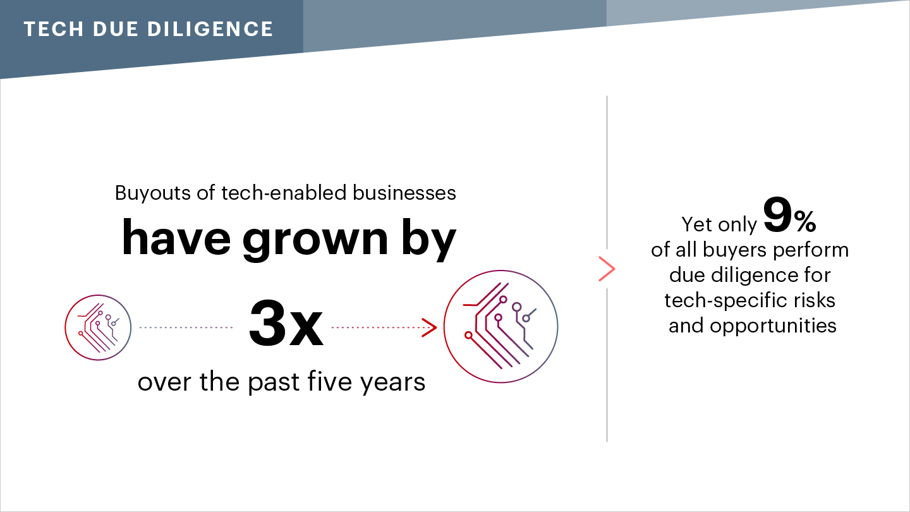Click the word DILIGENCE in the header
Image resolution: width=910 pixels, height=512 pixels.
(x=210, y=29)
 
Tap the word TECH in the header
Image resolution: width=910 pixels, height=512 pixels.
(x=54, y=29)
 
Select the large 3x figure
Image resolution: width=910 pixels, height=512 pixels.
(x=286, y=324)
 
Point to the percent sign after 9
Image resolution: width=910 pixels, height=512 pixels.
(x=805, y=221)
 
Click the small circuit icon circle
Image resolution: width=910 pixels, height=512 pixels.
(x=98, y=327)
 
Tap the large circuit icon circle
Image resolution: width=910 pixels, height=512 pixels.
(x=500, y=326)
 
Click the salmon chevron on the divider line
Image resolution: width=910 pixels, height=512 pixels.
(x=607, y=269)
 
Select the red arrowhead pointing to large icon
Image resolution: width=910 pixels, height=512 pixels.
(x=429, y=327)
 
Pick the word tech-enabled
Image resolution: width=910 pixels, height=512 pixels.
(x=284, y=193)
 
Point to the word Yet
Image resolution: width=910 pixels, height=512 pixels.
(x=696, y=224)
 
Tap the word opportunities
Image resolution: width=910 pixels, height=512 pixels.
(x=773, y=326)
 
